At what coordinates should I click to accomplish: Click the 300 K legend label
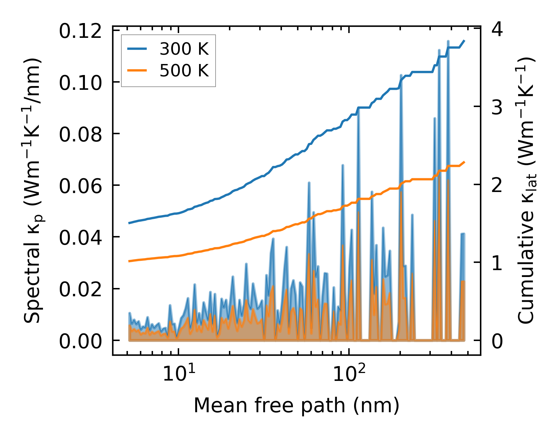coord(184,49)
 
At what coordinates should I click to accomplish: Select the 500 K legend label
coord(184,71)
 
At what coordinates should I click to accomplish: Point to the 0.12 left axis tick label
coord(80,31)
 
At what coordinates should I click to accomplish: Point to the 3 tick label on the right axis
coord(497,107)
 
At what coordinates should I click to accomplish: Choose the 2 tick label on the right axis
coord(497,185)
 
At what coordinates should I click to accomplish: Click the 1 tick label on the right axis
coord(497,263)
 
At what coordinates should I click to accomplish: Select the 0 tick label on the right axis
coord(497,341)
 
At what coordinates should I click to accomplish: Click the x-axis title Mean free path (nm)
coord(296,405)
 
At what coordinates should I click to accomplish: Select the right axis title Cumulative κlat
coord(526,191)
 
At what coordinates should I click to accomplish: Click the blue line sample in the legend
coord(137,49)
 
